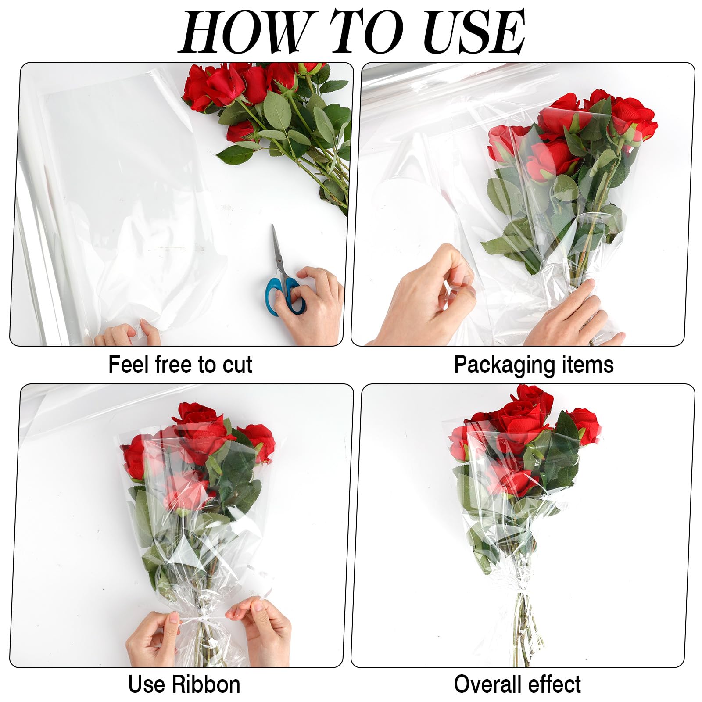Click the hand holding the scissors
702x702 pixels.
point(314,303)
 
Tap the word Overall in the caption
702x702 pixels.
point(487,684)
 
